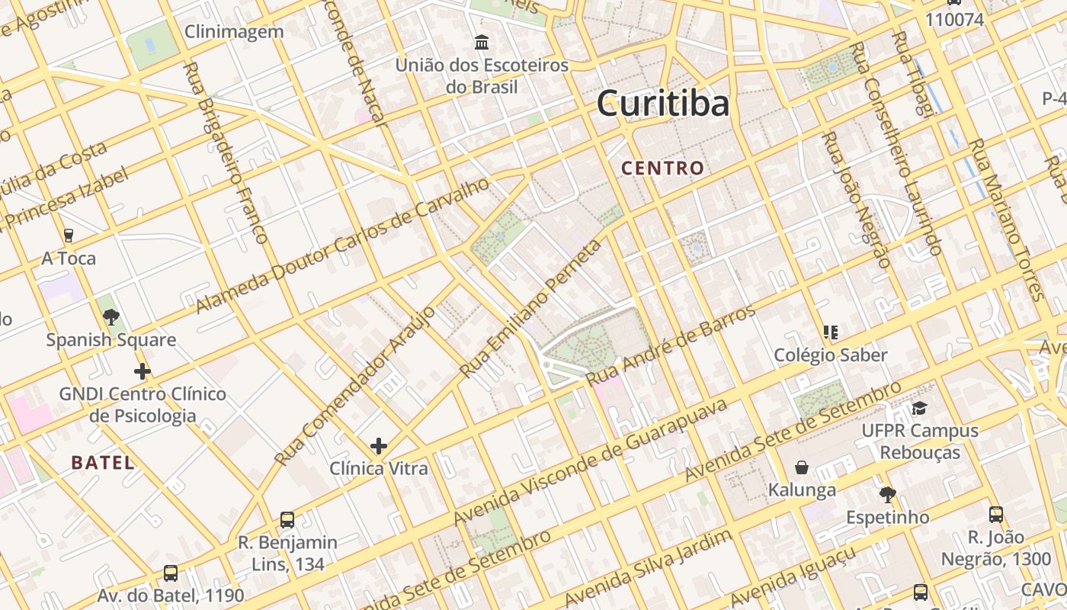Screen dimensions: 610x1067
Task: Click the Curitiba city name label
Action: pyautogui.click(x=663, y=103)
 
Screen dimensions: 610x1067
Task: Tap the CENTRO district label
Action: pyautogui.click(x=662, y=168)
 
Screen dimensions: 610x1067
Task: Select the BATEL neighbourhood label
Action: pyautogui.click(x=103, y=462)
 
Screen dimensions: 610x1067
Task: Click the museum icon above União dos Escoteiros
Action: pyautogui.click(x=482, y=43)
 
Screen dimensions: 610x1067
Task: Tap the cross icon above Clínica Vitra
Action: pyautogui.click(x=378, y=445)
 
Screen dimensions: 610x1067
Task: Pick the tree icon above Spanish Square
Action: pyautogui.click(x=111, y=316)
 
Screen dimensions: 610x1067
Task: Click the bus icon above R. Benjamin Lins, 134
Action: pyautogui.click(x=287, y=520)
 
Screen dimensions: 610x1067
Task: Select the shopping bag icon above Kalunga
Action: pyautogui.click(x=802, y=467)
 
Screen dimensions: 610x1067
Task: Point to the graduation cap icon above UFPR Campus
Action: pyautogui.click(x=920, y=408)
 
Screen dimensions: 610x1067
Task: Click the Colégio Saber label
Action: pyautogui.click(x=831, y=355)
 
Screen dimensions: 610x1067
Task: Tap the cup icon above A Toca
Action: pyautogui.click(x=69, y=236)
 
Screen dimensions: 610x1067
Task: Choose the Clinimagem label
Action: pyautogui.click(x=234, y=32)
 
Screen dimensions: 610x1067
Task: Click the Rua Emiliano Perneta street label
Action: pyautogui.click(x=530, y=309)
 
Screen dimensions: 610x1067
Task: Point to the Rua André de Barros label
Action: pyautogui.click(x=671, y=345)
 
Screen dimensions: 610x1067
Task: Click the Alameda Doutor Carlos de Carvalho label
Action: pyautogui.click(x=342, y=246)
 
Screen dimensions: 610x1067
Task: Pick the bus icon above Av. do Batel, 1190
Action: pyautogui.click(x=171, y=573)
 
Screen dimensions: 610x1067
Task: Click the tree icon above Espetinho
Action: pyautogui.click(x=887, y=495)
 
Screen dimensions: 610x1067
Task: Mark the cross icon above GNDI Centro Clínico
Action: pyautogui.click(x=143, y=371)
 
